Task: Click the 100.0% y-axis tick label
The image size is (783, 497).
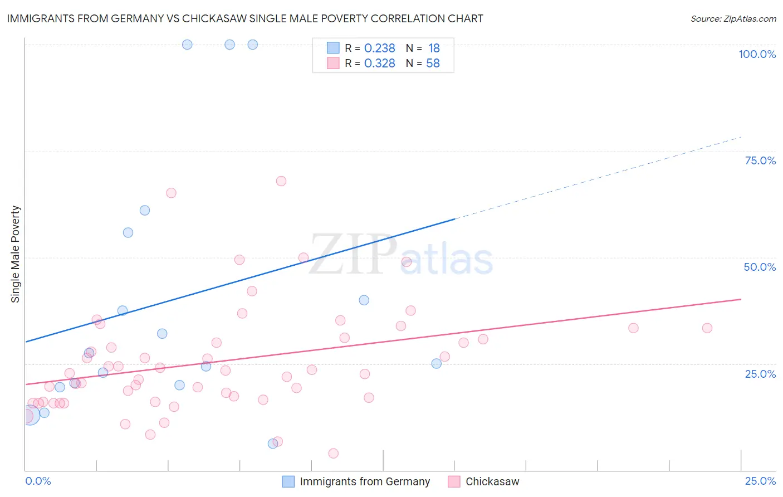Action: click(x=757, y=54)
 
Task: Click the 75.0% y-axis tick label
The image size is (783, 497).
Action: click(x=760, y=160)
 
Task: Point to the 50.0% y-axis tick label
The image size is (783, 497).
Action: click(x=760, y=267)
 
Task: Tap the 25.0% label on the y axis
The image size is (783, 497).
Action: click(x=760, y=374)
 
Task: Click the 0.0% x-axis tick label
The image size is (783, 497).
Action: click(x=38, y=481)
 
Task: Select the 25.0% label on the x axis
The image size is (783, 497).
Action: click(x=760, y=481)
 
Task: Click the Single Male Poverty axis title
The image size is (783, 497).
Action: click(x=16, y=254)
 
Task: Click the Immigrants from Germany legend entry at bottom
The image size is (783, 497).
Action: click(x=365, y=481)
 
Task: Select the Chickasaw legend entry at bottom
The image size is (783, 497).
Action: click(x=492, y=481)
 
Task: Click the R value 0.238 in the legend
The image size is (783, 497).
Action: click(x=379, y=48)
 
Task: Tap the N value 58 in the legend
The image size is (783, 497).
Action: click(x=433, y=64)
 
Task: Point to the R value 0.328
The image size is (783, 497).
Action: click(x=379, y=64)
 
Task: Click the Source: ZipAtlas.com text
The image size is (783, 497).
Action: click(x=733, y=19)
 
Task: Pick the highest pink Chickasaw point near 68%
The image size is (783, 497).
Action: click(x=281, y=181)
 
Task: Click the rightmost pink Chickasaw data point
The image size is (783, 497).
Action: click(x=707, y=328)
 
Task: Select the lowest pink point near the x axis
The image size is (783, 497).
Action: click(x=334, y=454)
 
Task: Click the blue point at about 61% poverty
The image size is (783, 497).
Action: click(x=145, y=211)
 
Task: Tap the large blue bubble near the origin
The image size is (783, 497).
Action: click(x=30, y=415)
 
